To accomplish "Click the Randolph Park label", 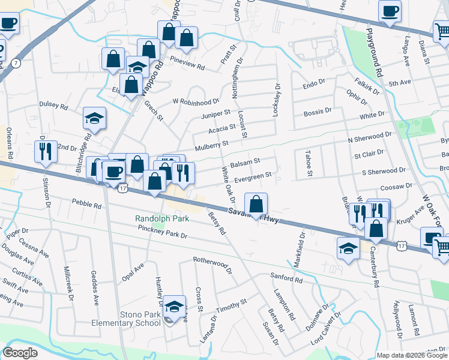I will tap(162, 219).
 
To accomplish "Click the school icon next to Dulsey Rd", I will tap(94, 118).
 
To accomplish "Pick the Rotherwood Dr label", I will tap(212, 262).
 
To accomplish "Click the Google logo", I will tap(20, 353).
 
